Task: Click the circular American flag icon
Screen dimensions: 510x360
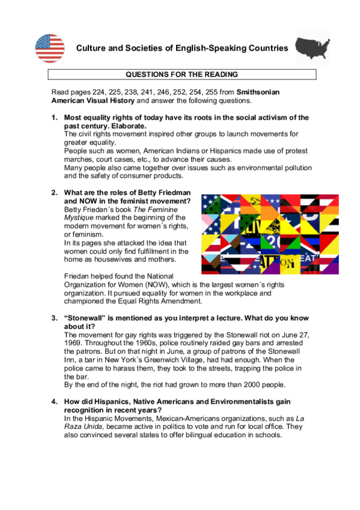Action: (50, 48)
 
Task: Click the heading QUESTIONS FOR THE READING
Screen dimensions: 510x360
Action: (182, 75)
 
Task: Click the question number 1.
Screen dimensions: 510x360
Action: (54, 118)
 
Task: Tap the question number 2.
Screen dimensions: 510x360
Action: (54, 192)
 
